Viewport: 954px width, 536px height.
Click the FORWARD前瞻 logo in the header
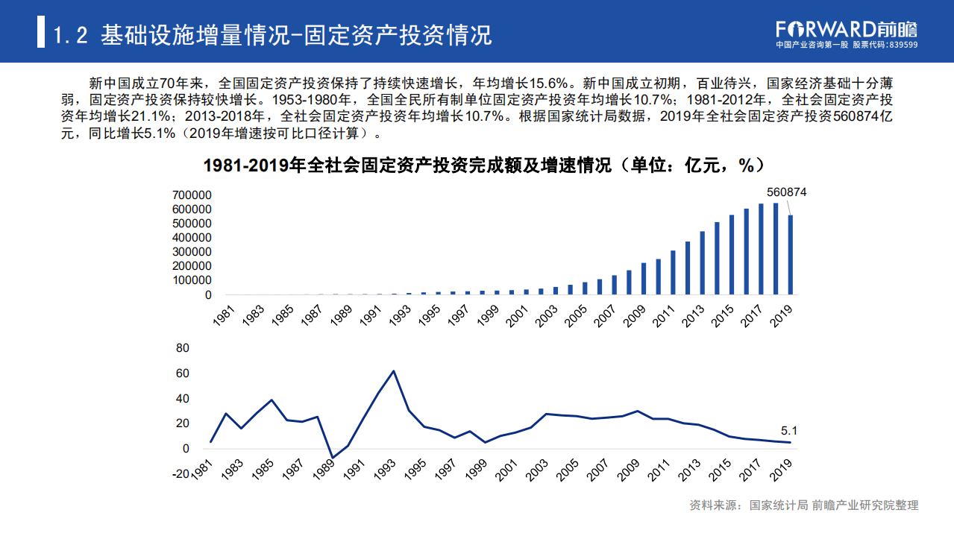tap(847, 28)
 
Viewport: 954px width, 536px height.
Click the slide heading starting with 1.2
tap(273, 34)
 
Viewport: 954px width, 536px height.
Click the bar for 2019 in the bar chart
tap(791, 254)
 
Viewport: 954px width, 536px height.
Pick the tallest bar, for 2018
tap(776, 249)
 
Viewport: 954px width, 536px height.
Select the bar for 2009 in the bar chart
tap(644, 278)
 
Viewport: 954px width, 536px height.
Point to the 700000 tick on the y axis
tap(192, 195)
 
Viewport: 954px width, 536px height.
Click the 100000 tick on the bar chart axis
tap(192, 280)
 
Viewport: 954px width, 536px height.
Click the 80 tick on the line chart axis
tap(183, 348)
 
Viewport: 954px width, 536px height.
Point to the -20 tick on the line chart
tap(181, 474)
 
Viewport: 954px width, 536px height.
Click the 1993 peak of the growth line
tap(394, 371)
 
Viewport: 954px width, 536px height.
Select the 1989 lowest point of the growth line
tap(333, 458)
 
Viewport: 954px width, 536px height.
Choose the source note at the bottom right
tap(804, 505)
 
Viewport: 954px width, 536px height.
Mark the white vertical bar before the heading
tap(41, 34)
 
